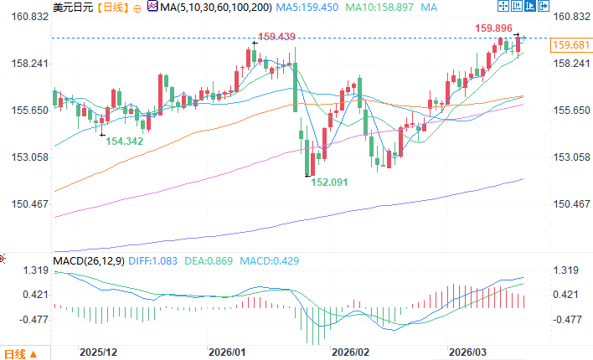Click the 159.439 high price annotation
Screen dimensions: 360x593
pyautogui.click(x=277, y=37)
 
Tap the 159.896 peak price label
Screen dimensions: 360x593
pyautogui.click(x=494, y=28)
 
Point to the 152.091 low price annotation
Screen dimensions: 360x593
pyautogui.click(x=330, y=181)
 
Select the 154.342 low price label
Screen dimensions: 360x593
pyautogui.click(x=125, y=141)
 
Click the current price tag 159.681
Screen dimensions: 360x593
pyautogui.click(x=570, y=45)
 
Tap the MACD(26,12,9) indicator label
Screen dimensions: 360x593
pyautogui.click(x=88, y=261)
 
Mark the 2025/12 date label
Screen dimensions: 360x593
pyautogui.click(x=98, y=352)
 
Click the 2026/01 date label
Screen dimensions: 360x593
pyautogui.click(x=227, y=352)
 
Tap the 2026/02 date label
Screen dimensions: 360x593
pyautogui.click(x=350, y=352)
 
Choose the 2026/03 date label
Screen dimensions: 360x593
pyautogui.click(x=467, y=352)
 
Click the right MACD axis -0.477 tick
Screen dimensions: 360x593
pyautogui.click(x=570, y=319)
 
